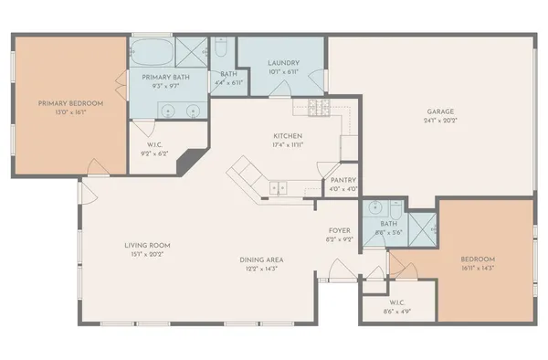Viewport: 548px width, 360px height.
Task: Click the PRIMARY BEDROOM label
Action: (x=70, y=103)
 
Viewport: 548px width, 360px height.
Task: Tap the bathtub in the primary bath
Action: (x=151, y=49)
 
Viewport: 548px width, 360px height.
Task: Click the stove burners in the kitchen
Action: (x=317, y=110)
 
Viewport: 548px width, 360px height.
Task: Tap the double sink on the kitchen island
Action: (x=277, y=188)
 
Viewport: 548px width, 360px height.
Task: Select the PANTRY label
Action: (x=344, y=180)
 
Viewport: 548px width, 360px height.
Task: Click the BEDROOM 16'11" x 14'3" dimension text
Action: (x=484, y=269)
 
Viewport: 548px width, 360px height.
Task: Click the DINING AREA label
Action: (x=261, y=259)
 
